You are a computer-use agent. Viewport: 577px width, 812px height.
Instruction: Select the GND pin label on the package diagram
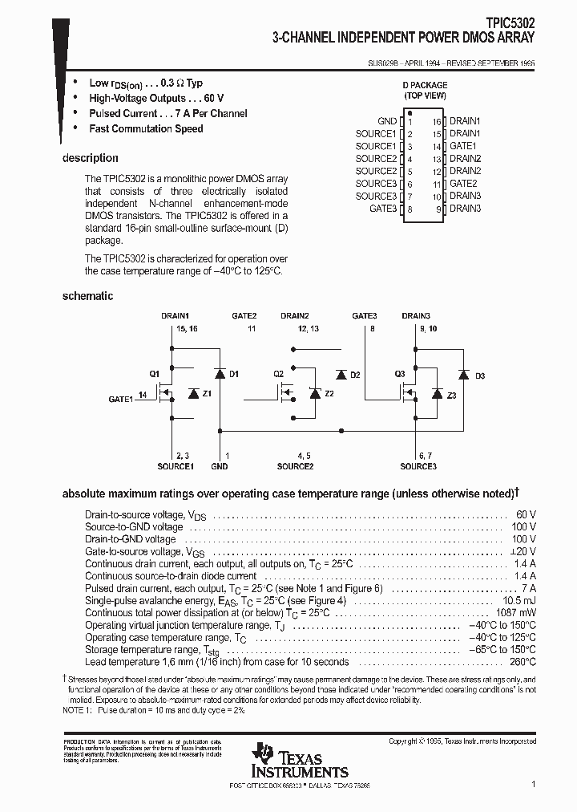pyautogui.click(x=387, y=121)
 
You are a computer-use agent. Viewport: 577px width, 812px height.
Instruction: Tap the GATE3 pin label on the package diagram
pyautogui.click(x=383, y=209)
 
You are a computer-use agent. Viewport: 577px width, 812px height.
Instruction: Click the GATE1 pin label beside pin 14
pyautogui.click(x=462, y=147)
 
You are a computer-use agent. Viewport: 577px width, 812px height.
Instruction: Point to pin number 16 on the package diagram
pyautogui.click(x=437, y=121)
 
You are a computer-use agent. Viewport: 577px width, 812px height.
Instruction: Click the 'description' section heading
pyautogui.click(x=91, y=158)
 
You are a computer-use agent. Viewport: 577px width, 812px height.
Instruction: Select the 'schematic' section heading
pyautogui.click(x=87, y=296)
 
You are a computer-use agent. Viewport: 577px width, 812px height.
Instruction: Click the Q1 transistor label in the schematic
pyautogui.click(x=155, y=374)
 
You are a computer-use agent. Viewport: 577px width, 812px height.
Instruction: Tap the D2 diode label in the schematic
pyautogui.click(x=355, y=375)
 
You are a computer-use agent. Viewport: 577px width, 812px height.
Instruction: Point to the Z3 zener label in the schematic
pyautogui.click(x=452, y=396)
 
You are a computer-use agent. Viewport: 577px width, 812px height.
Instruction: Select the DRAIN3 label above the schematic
pyautogui.click(x=416, y=316)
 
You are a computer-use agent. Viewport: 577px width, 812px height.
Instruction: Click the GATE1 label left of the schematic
pyautogui.click(x=122, y=399)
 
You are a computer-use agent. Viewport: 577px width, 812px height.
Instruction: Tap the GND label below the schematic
pyautogui.click(x=219, y=466)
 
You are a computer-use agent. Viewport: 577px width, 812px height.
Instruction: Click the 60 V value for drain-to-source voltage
pyautogui.click(x=526, y=514)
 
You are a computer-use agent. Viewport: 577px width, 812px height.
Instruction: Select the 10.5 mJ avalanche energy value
pyautogui.click(x=518, y=600)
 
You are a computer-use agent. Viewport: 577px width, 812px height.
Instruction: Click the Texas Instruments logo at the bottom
pyautogui.click(x=288, y=759)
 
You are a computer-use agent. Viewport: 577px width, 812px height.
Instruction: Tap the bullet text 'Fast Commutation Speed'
pyautogui.click(x=146, y=129)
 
